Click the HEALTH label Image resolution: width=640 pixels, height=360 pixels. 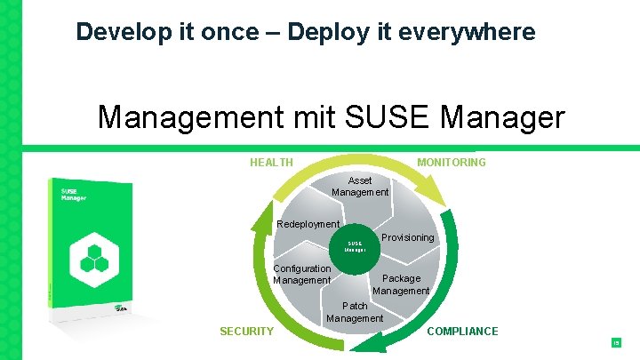[x=271, y=163]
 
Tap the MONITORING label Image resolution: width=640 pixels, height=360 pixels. [x=452, y=163]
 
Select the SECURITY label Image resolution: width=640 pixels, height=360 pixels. [x=246, y=332]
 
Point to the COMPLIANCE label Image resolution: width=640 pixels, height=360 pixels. [x=462, y=332]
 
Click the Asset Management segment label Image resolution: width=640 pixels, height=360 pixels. [x=360, y=186]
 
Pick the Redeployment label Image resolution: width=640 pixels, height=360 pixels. [x=308, y=224]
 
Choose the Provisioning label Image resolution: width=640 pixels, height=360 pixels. [x=407, y=237]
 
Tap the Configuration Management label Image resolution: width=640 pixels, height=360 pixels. [x=301, y=274]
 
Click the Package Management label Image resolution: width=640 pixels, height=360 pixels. [x=401, y=284]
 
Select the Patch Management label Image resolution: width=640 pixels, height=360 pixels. [x=355, y=312]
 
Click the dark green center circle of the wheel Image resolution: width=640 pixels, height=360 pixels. [x=355, y=245]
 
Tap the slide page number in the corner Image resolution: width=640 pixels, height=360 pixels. [x=614, y=342]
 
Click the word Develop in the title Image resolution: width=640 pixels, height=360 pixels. [x=109, y=32]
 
